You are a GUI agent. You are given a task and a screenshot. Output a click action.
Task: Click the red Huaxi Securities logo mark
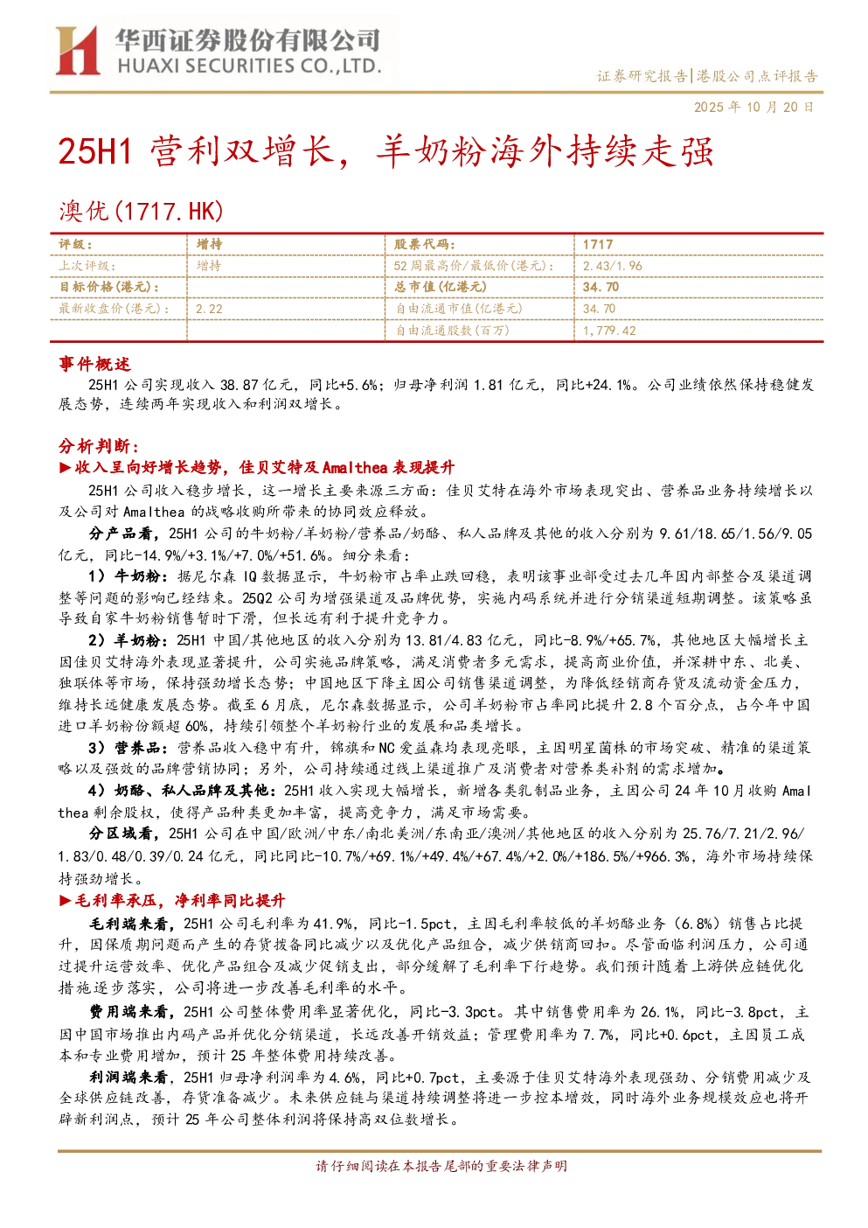(x=78, y=51)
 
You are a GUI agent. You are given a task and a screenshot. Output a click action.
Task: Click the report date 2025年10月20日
(x=753, y=107)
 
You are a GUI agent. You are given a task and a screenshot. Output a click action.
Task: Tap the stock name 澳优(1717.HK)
(x=141, y=211)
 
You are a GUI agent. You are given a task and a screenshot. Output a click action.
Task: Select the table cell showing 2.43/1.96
(x=612, y=266)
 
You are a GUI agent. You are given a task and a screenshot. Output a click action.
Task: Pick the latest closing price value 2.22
(x=209, y=310)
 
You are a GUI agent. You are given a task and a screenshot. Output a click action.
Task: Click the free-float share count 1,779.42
(x=608, y=331)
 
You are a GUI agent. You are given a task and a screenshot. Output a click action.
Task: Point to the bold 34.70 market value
(x=601, y=287)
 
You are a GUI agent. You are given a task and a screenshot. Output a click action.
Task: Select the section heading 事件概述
(x=94, y=364)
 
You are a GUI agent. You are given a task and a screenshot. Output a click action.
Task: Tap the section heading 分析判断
(x=99, y=446)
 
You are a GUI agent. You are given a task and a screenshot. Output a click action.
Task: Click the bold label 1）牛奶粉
(x=124, y=576)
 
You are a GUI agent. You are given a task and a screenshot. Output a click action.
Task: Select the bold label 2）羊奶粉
(x=124, y=640)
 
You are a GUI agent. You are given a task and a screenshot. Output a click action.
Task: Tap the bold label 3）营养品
(x=124, y=748)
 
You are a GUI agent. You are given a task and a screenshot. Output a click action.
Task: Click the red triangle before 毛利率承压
(x=66, y=900)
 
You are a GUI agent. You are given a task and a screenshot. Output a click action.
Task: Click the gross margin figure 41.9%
(x=333, y=924)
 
